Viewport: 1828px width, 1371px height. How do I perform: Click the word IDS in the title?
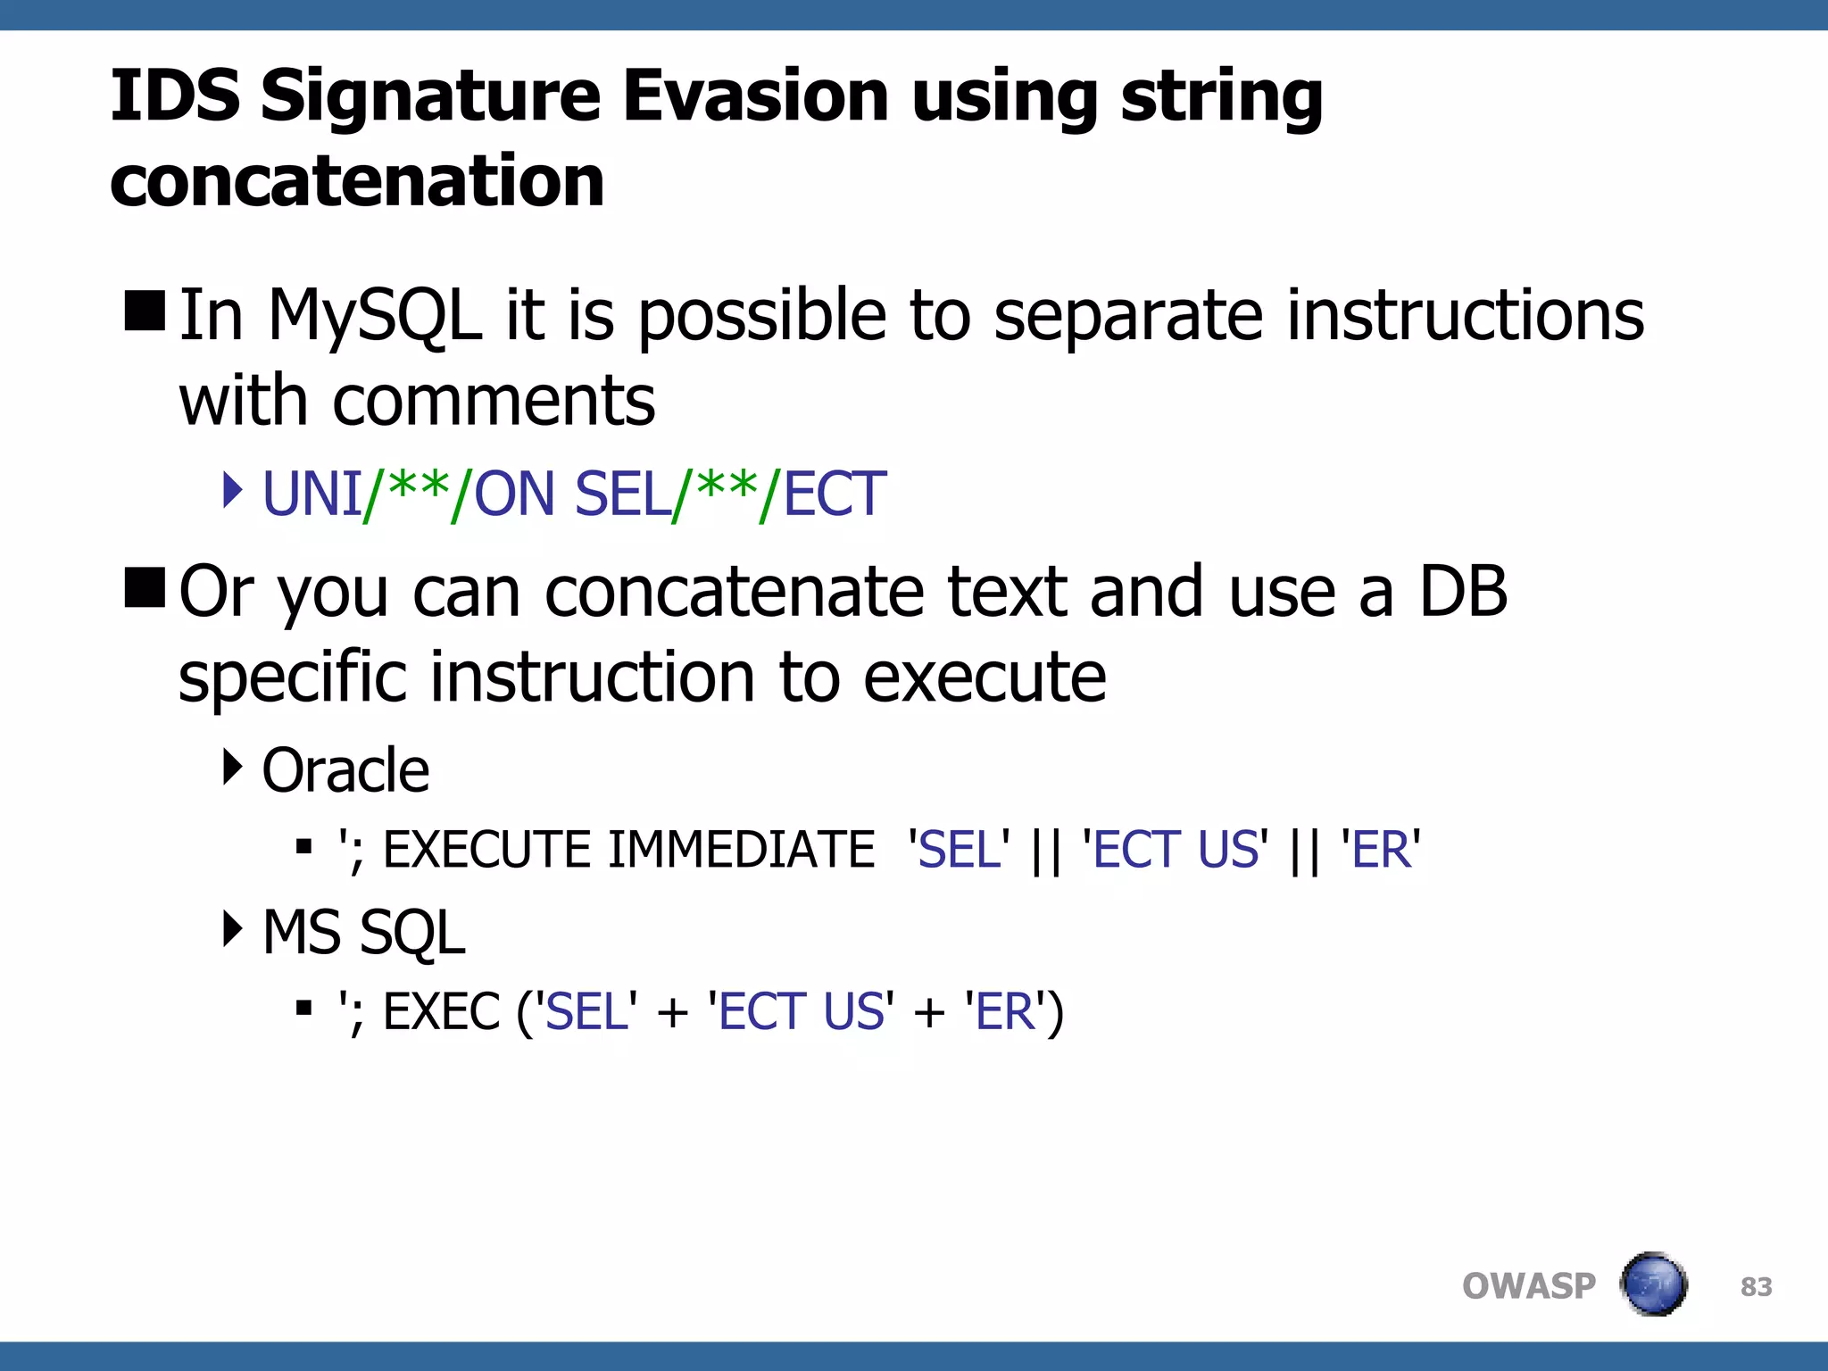[x=175, y=96]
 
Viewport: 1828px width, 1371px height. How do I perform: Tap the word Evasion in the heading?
[x=755, y=96]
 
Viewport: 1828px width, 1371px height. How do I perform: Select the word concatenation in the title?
[x=357, y=180]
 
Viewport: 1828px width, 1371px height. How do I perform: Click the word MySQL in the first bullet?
[x=375, y=317]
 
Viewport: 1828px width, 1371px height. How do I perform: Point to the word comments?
[x=494, y=402]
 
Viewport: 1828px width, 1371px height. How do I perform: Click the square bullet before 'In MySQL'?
[x=145, y=311]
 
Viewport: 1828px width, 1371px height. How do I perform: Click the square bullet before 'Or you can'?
[x=145, y=587]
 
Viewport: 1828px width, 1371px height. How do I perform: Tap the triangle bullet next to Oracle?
[x=232, y=766]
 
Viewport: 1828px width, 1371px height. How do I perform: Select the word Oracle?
[x=345, y=770]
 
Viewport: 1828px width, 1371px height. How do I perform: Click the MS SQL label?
[x=363, y=933]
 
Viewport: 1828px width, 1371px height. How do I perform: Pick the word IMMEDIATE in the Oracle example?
[x=741, y=849]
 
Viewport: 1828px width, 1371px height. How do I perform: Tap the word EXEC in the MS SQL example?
[x=441, y=1012]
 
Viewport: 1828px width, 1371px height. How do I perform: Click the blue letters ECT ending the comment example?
[x=835, y=494]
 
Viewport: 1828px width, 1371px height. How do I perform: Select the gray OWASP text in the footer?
[x=1528, y=1286]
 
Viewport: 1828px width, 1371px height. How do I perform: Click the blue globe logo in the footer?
[x=1653, y=1284]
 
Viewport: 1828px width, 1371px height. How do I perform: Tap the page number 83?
[x=1756, y=1286]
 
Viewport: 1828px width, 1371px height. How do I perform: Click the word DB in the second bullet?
[x=1463, y=591]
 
